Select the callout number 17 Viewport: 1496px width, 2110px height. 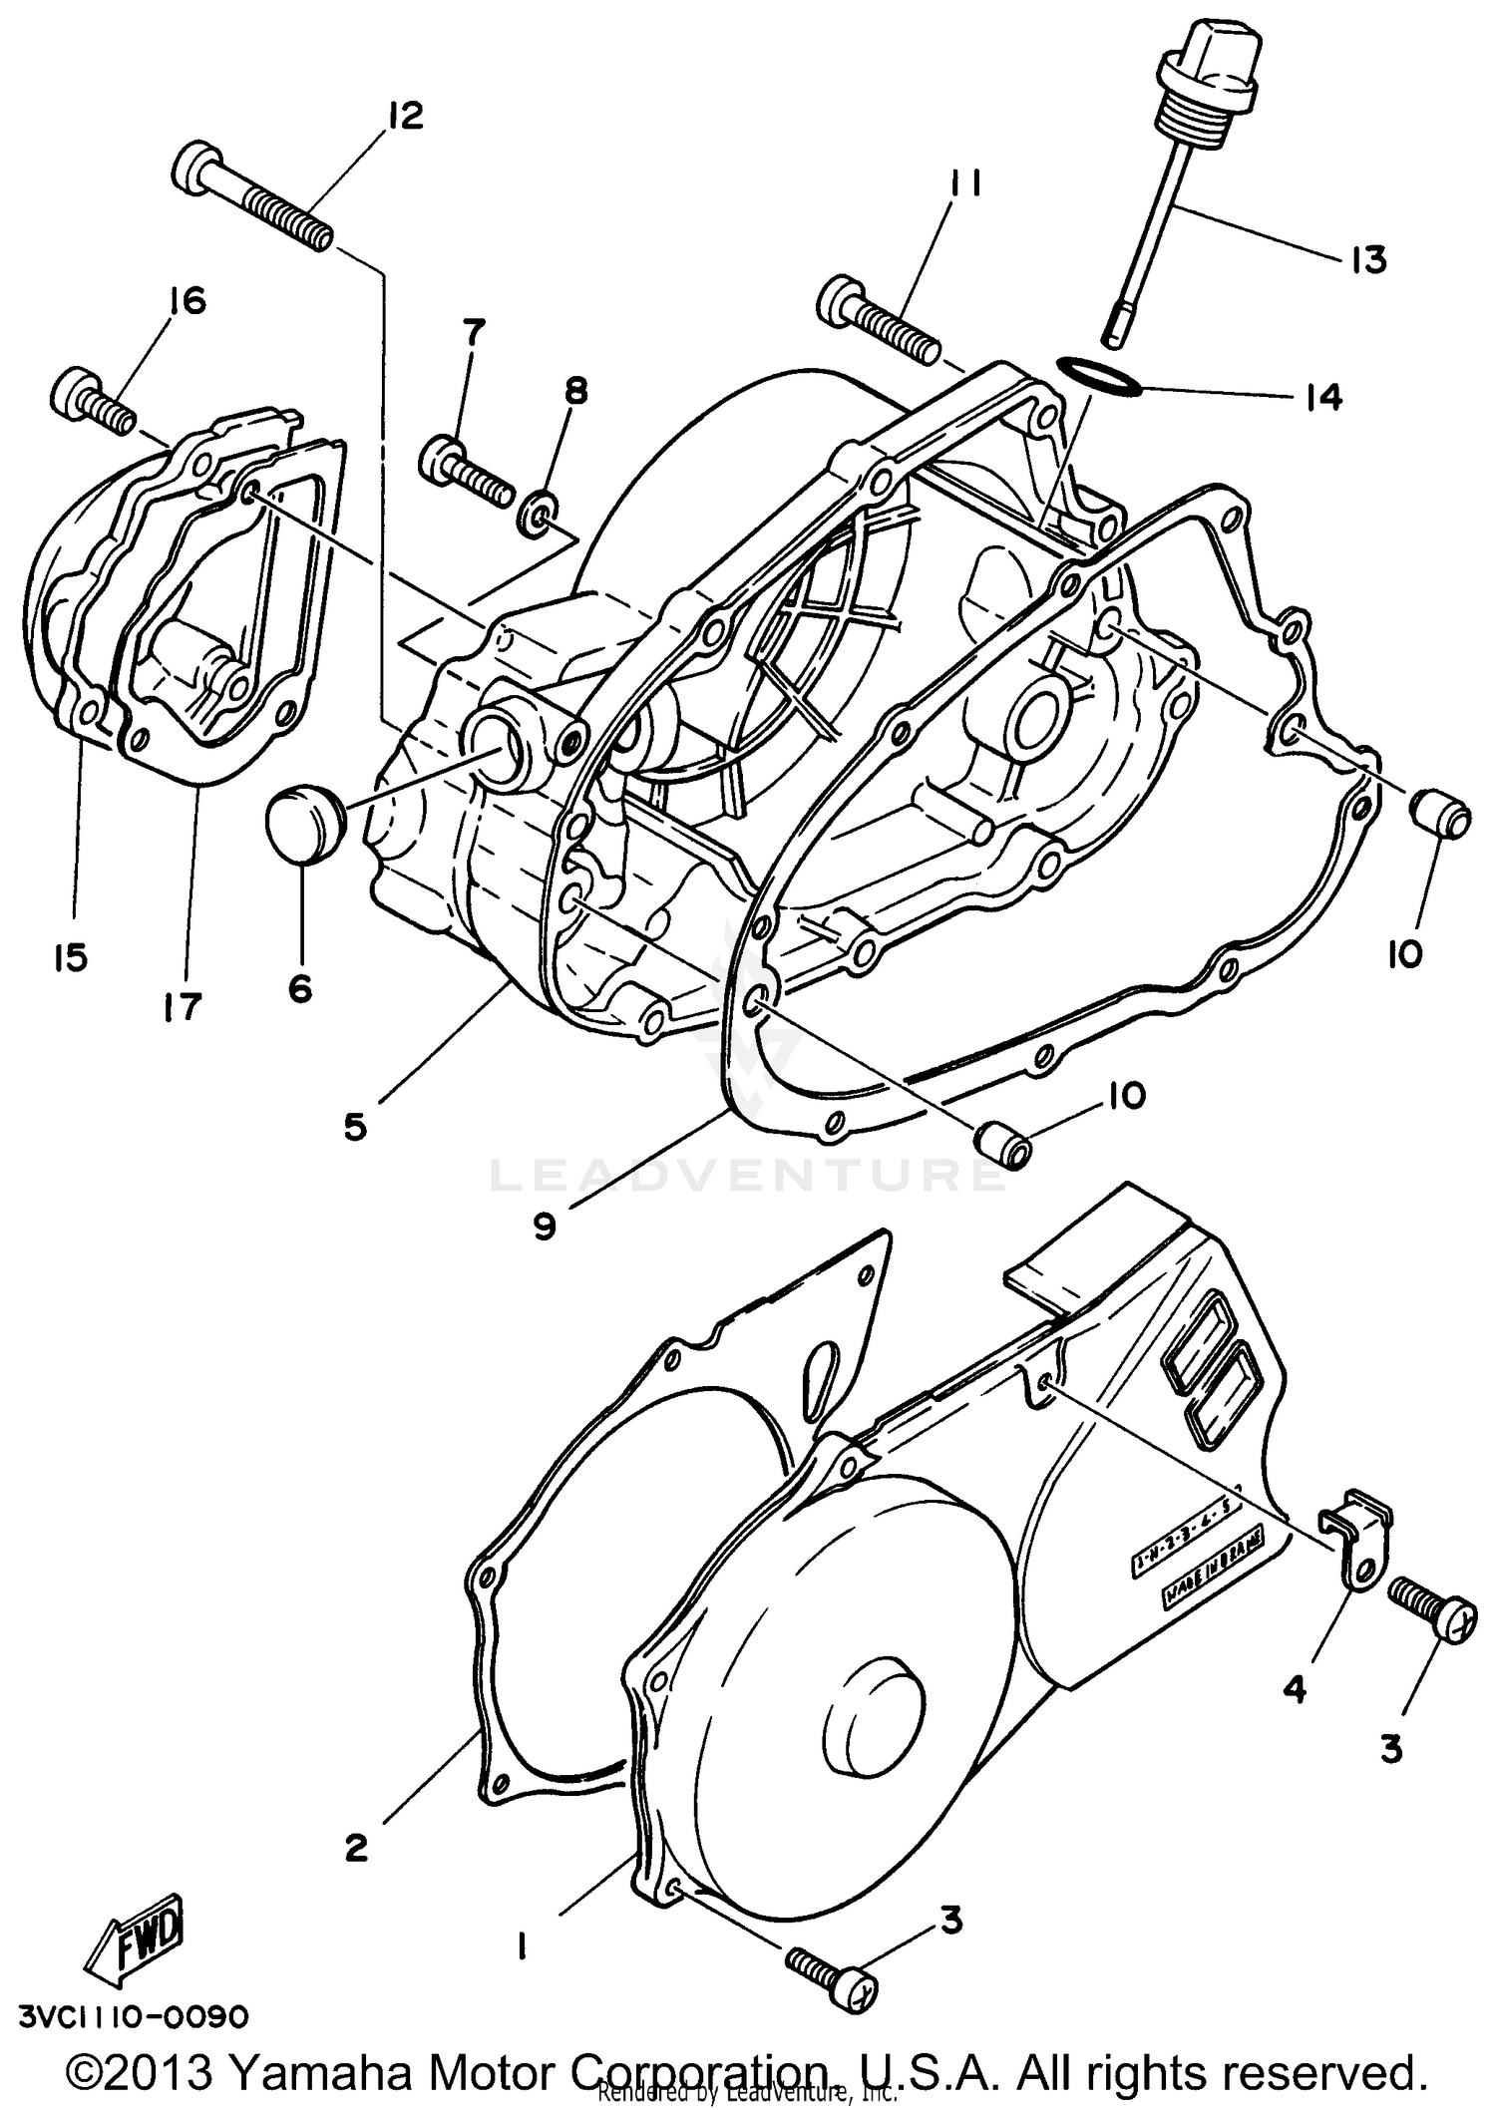pos(183,1004)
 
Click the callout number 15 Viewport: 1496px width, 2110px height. pos(71,957)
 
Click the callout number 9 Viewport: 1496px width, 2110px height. pos(544,1226)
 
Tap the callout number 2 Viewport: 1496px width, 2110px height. pos(356,1848)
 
